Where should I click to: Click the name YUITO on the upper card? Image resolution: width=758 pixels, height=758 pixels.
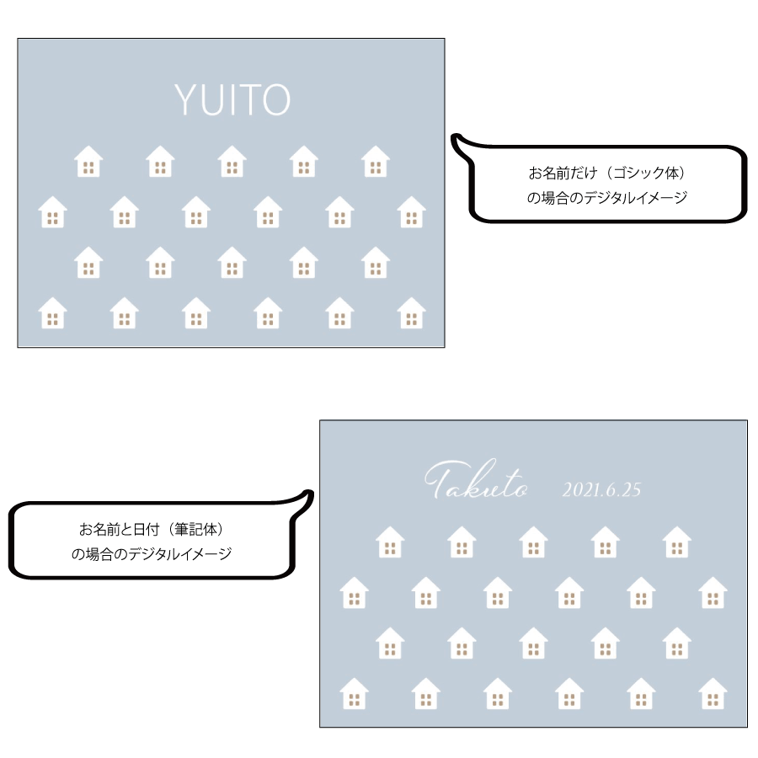[232, 99]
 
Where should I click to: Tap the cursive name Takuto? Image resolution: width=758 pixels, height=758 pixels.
[476, 479]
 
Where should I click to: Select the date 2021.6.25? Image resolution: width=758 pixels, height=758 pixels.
[601, 489]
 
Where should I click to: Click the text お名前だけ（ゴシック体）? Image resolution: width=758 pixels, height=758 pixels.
[606, 173]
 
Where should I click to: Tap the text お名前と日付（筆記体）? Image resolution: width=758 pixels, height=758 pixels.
[152, 530]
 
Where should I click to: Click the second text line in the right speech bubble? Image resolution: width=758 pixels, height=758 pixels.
[606, 197]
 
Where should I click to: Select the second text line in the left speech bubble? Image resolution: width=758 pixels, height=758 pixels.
[152, 553]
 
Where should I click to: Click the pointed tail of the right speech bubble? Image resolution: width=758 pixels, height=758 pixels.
[455, 138]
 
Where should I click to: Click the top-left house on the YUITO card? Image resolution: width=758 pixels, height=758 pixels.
[88, 161]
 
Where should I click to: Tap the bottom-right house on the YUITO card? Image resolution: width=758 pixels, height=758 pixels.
[411, 312]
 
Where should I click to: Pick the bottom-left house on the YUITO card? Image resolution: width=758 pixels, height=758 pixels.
[53, 312]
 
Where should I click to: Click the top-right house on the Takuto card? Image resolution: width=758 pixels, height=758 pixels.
[677, 542]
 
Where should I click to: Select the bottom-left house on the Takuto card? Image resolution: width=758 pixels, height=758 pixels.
[355, 694]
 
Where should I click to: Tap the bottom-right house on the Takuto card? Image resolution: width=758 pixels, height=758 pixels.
[713, 694]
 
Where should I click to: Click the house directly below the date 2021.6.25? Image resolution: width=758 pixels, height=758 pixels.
[606, 542]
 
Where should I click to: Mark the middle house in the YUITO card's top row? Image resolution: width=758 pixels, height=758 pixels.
[232, 161]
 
